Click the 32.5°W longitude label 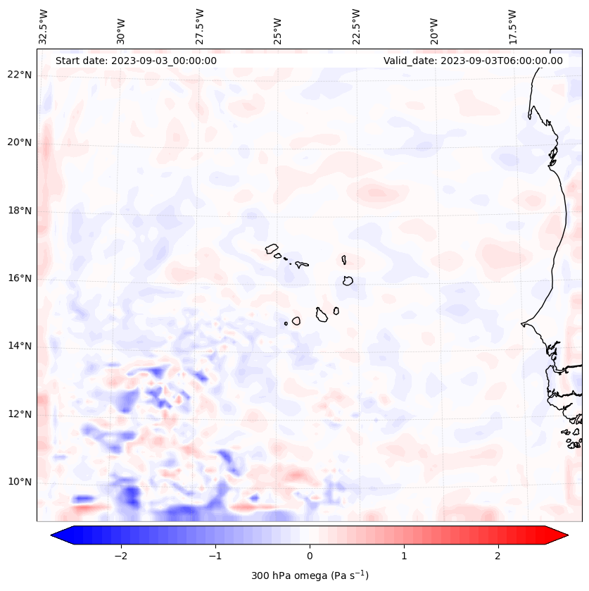tap(44, 26)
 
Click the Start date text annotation tap(136, 61)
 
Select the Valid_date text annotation tap(473, 61)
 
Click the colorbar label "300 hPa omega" tap(310, 576)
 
